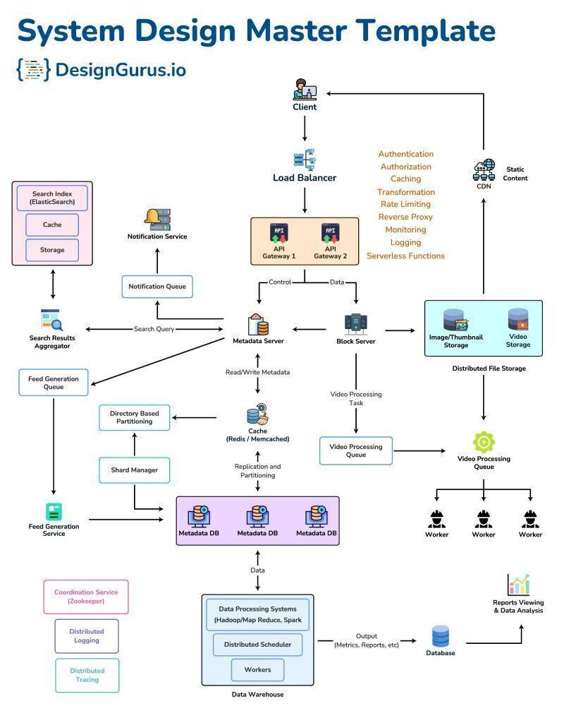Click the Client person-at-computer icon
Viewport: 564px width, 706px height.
(x=305, y=90)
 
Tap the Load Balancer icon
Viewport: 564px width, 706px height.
(x=305, y=158)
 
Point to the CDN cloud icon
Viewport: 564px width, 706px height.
(x=484, y=170)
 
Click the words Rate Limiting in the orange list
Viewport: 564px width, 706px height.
(x=405, y=205)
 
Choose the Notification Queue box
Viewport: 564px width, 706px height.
(x=157, y=287)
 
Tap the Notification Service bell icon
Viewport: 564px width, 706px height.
(x=157, y=220)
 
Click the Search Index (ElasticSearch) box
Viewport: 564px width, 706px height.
(x=52, y=198)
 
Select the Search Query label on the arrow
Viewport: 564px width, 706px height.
(x=154, y=329)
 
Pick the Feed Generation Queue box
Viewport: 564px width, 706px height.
(x=54, y=382)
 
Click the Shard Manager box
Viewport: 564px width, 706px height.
(x=134, y=469)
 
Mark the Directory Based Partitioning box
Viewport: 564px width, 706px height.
(x=134, y=417)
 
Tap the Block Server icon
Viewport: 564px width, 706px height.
(x=355, y=324)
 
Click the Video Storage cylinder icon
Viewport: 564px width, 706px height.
(x=518, y=320)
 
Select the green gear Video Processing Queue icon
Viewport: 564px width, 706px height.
(x=484, y=442)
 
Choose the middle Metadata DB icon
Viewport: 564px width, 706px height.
(x=257, y=517)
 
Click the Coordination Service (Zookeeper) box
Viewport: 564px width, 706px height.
(x=86, y=597)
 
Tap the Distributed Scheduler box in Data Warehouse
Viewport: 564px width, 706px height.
(x=257, y=645)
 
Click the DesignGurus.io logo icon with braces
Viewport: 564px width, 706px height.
(x=33, y=69)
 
